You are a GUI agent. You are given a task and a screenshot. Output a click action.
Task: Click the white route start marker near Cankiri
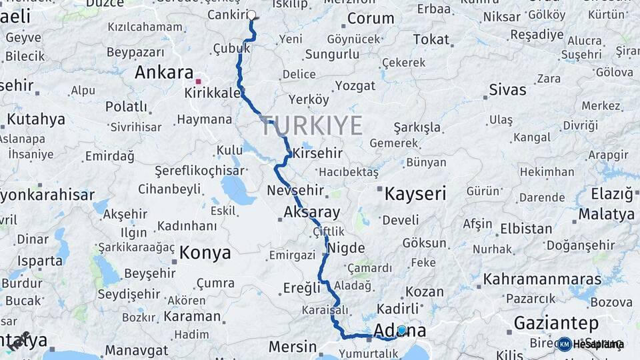click(252, 15)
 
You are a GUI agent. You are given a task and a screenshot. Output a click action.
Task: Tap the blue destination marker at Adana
click(402, 330)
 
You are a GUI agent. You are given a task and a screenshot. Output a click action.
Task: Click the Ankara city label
click(164, 73)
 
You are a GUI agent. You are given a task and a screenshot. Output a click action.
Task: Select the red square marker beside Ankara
click(198, 81)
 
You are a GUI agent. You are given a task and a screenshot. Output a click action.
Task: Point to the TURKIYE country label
click(312, 125)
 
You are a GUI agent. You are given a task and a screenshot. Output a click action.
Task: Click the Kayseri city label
click(415, 194)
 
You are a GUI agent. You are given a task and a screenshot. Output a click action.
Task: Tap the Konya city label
click(205, 253)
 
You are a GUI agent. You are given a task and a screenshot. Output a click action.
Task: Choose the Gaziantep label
click(556, 323)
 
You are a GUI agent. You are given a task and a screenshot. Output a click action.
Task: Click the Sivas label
click(507, 90)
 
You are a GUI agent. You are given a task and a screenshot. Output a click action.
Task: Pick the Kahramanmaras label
click(543, 279)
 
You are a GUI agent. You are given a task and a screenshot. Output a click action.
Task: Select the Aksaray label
click(311, 213)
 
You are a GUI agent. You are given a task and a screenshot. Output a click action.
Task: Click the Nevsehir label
click(295, 191)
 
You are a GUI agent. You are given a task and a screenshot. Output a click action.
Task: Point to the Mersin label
click(293, 347)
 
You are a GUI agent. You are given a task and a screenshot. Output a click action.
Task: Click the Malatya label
click(606, 215)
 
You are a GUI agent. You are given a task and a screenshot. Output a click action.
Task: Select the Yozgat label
click(355, 85)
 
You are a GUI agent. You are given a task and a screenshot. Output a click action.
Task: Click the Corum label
click(371, 19)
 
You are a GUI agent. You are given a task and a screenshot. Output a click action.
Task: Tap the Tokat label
click(431, 40)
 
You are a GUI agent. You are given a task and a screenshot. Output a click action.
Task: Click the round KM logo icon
click(564, 344)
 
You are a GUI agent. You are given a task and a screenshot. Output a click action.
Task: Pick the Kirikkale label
click(213, 93)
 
